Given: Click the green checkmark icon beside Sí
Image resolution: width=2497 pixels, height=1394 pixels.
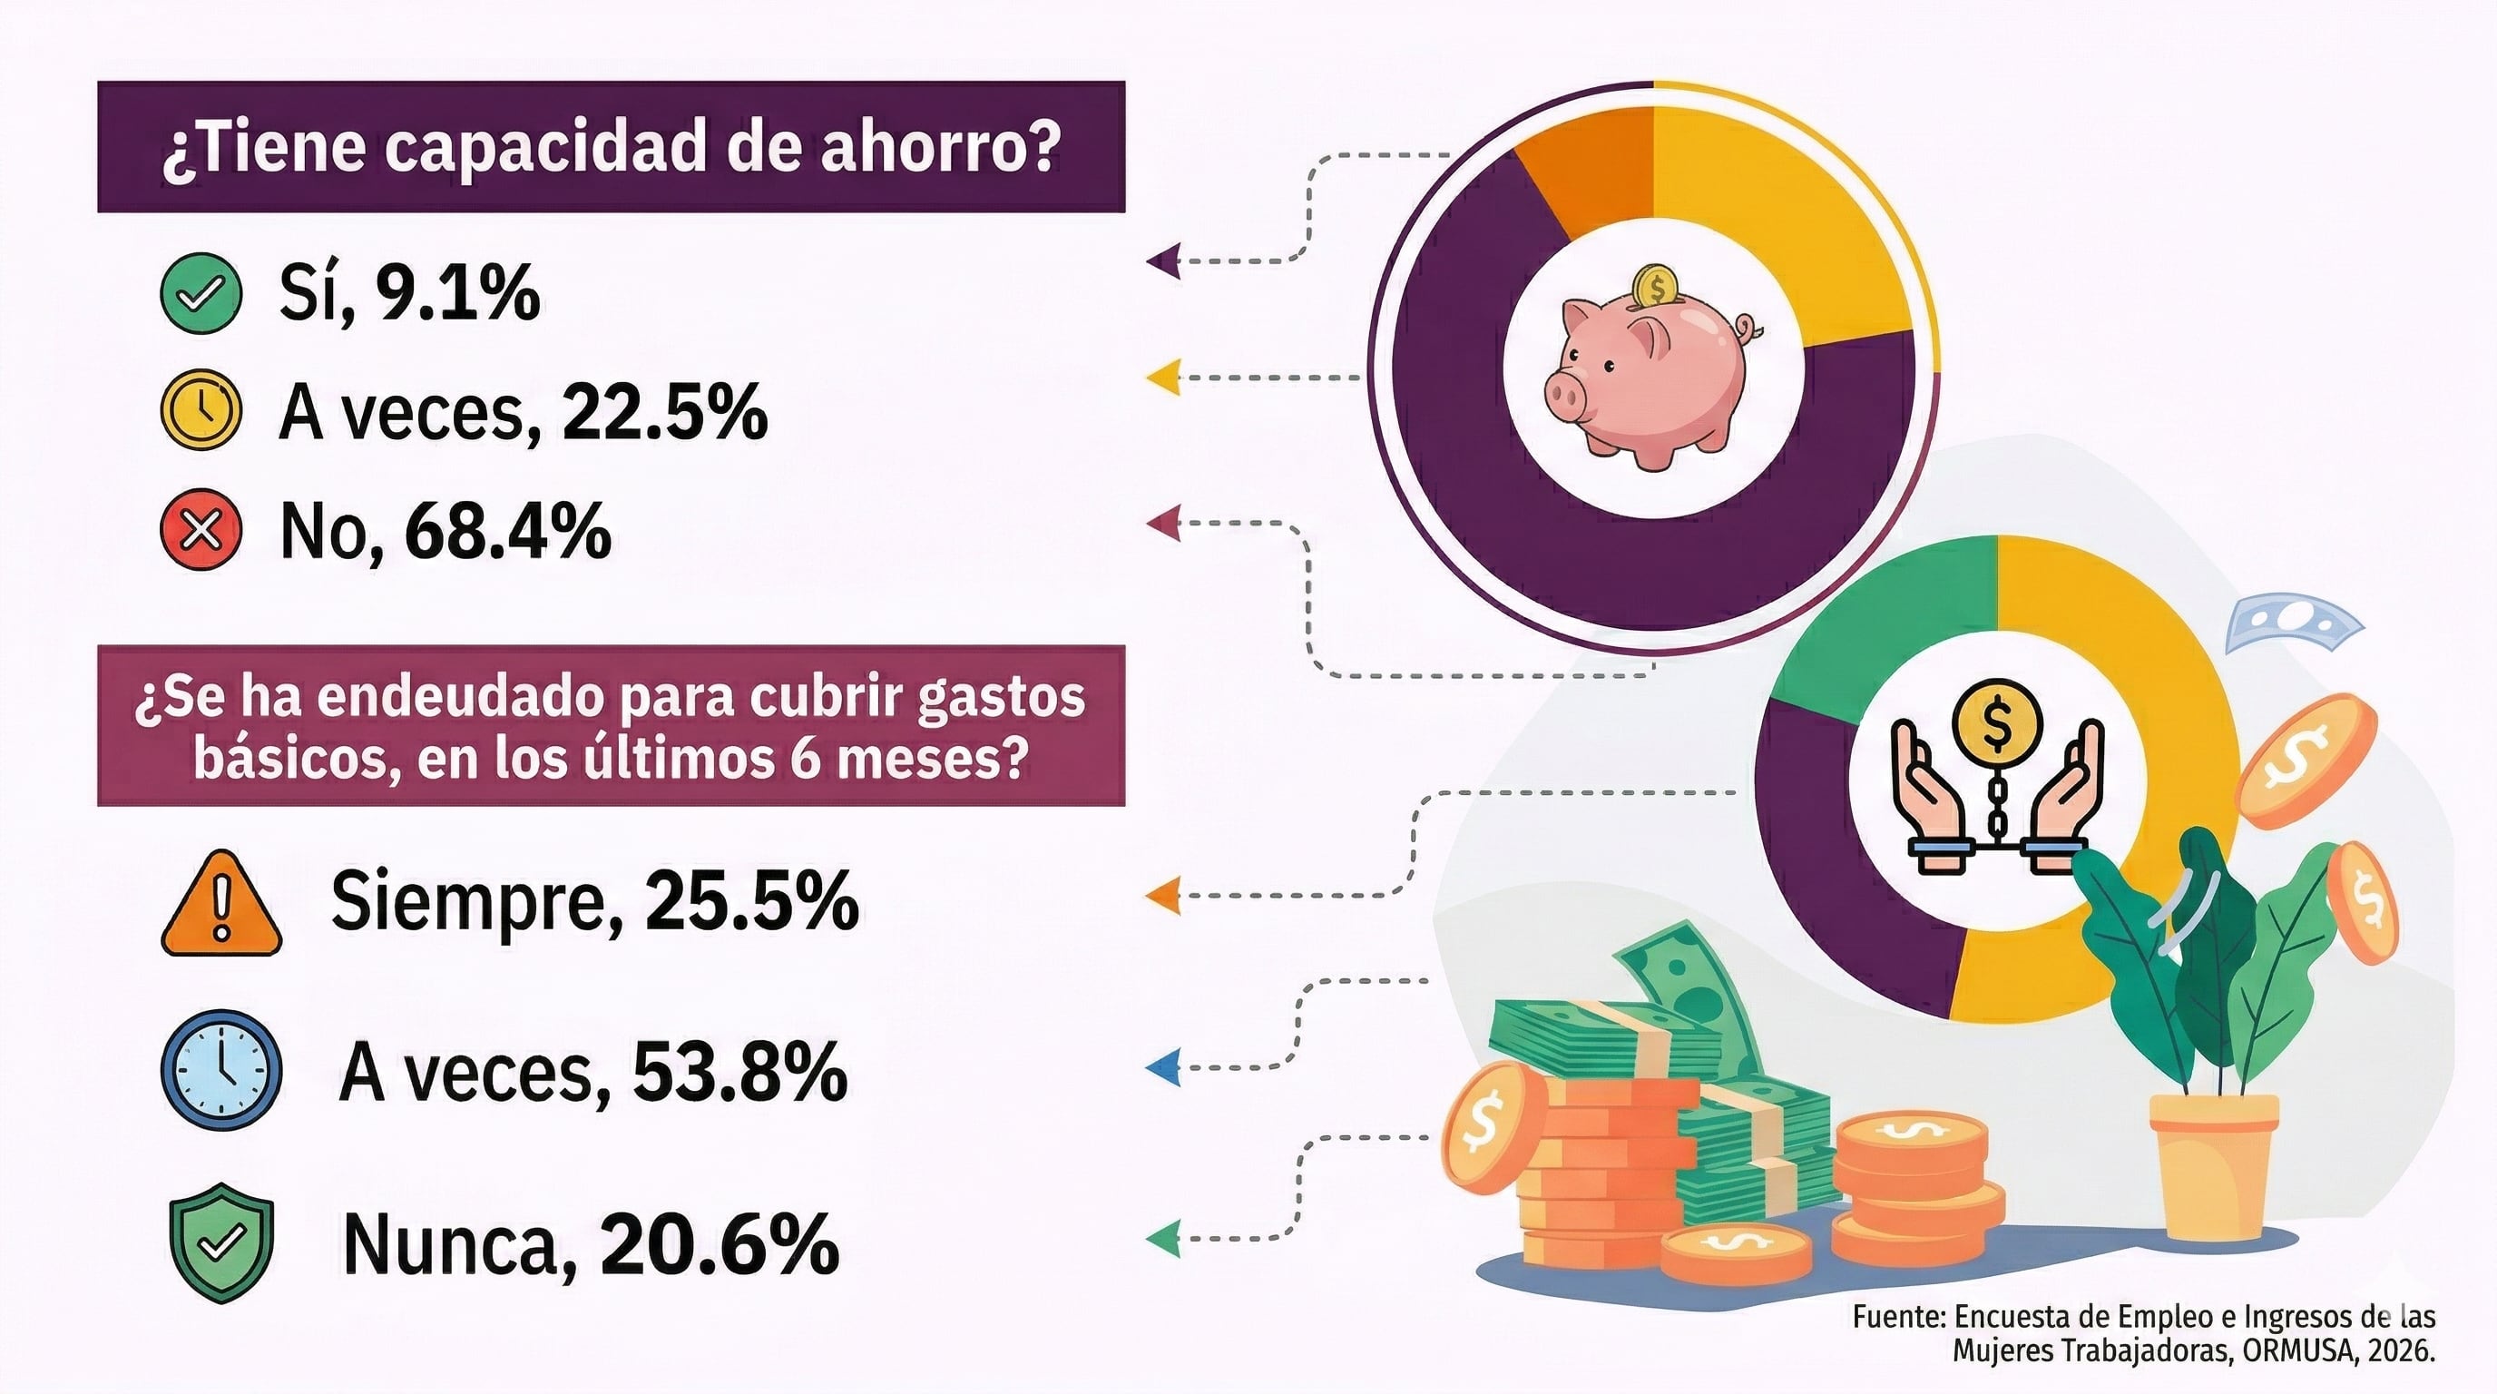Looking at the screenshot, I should [201, 294].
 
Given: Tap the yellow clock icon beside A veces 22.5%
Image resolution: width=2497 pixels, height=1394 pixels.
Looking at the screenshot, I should [201, 410].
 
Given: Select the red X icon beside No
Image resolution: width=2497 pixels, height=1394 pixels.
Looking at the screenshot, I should [201, 530].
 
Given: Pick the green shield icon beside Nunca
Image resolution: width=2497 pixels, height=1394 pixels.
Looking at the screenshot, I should [221, 1241].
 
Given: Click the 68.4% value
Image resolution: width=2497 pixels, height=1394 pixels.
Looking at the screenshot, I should [507, 531].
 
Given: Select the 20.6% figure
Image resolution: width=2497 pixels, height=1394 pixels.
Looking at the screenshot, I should [720, 1242].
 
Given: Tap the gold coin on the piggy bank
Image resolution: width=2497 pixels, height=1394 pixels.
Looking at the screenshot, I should [1655, 287].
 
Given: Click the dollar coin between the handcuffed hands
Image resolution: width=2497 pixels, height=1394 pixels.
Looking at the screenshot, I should [1997, 726].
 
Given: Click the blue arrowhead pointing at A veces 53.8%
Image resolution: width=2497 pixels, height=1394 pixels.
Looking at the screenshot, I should [1163, 1067].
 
